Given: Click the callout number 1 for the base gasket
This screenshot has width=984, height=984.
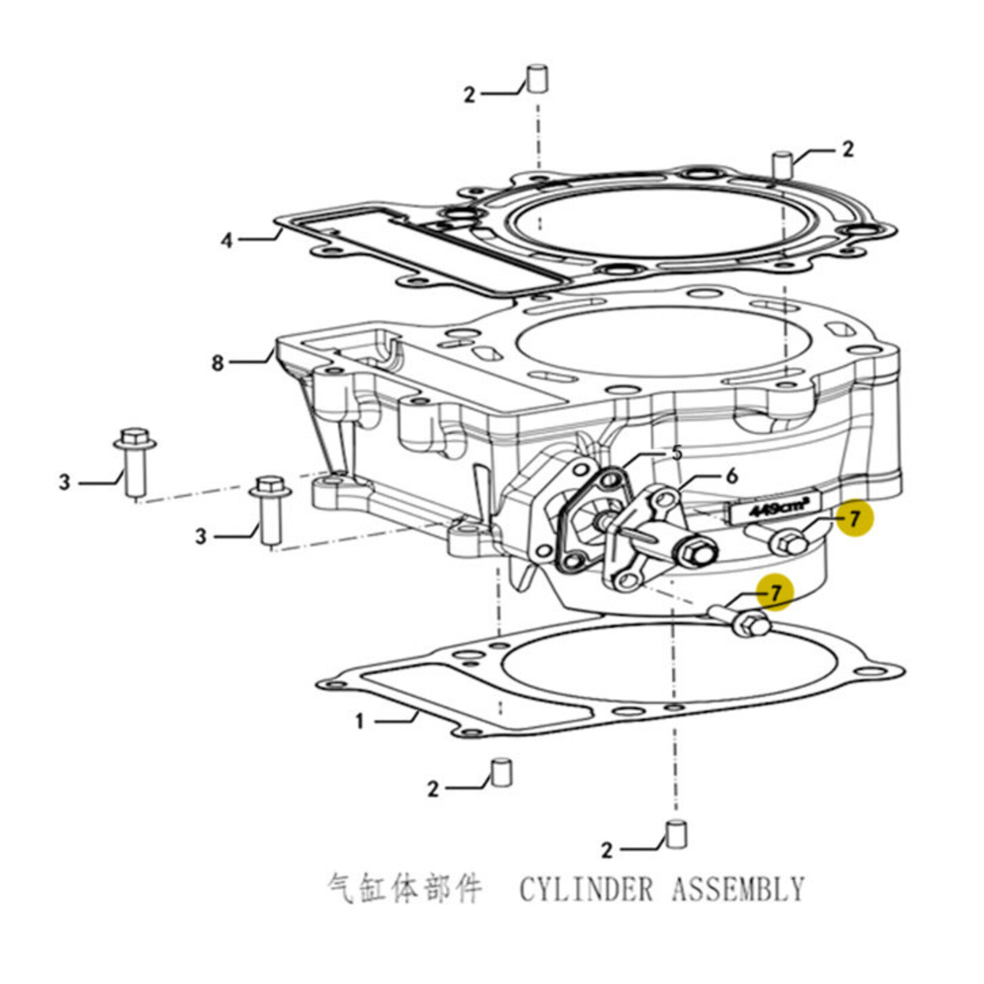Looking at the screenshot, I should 359,722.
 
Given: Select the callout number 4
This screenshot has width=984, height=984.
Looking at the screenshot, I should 227,241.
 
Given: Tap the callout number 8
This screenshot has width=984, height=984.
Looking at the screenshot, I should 218,363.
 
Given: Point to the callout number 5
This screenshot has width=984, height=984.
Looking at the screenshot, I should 676,454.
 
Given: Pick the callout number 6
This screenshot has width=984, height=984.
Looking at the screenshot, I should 731,476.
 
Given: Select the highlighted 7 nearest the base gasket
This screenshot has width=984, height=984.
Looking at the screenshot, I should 775,593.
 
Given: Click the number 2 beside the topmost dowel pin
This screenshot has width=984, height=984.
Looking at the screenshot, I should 470,95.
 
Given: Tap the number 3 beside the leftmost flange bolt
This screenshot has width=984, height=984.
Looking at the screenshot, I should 64,482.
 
